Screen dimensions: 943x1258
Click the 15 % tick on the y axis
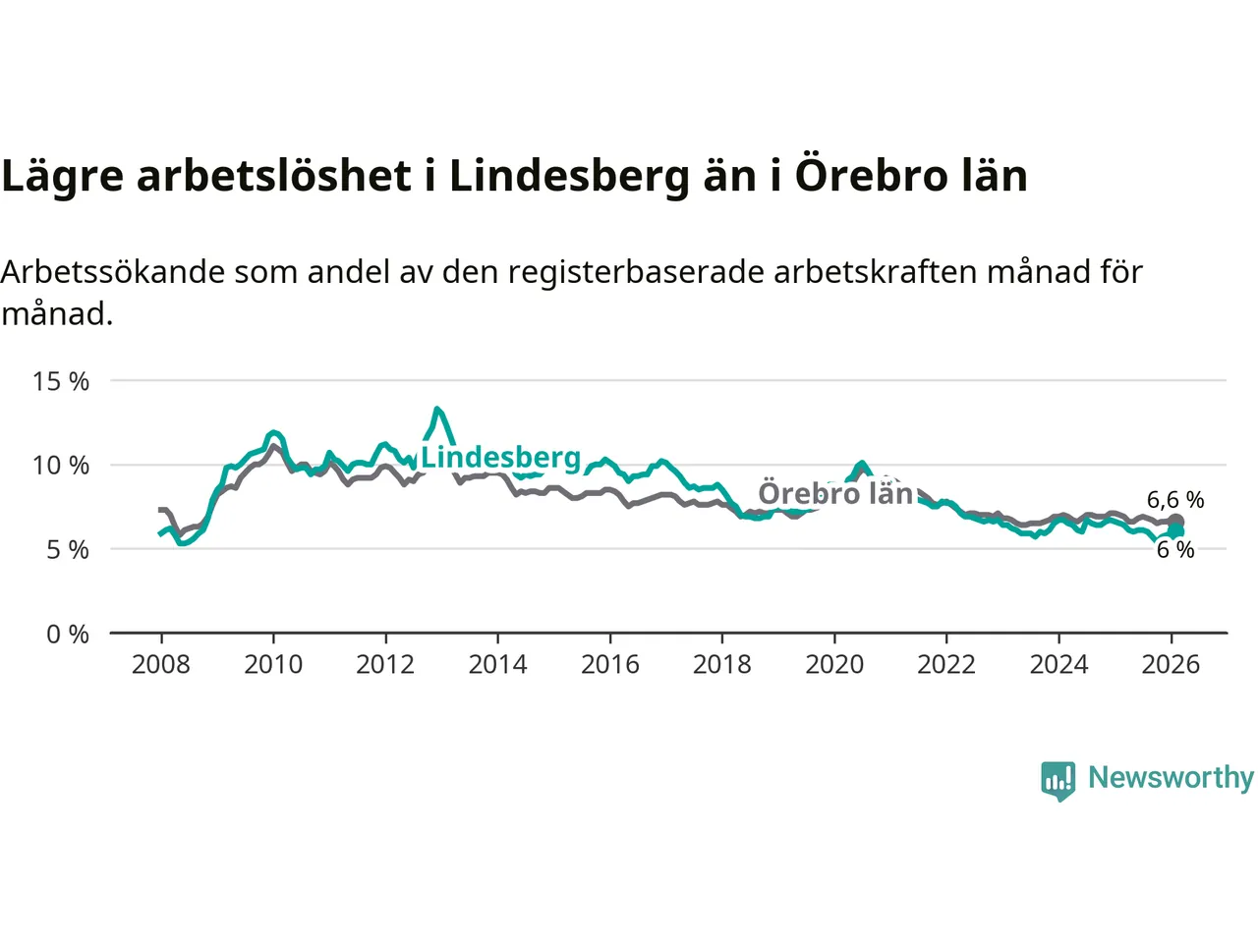pyautogui.click(x=61, y=381)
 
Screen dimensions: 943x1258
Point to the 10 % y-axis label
pyautogui.click(x=61, y=465)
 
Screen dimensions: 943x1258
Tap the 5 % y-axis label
pyautogui.click(x=67, y=549)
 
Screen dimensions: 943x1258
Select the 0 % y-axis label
pyautogui.click(x=67, y=634)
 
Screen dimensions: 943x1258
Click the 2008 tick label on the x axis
pyautogui.click(x=161, y=665)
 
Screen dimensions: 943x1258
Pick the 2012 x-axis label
pyautogui.click(x=385, y=665)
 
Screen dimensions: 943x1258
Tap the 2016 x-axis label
pyautogui.click(x=609, y=665)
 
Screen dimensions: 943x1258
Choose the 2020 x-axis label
pyautogui.click(x=834, y=665)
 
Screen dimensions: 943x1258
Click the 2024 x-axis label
pyautogui.click(x=1058, y=665)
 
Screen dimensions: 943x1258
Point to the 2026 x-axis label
pyautogui.click(x=1171, y=665)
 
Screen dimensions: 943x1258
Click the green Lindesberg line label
pyautogui.click(x=501, y=458)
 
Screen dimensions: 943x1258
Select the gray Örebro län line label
pyautogui.click(x=835, y=493)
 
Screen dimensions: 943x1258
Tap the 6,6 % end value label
pyautogui.click(x=1175, y=500)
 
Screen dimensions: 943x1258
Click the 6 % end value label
pyautogui.click(x=1175, y=550)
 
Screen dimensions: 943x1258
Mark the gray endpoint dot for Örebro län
pyautogui.click(x=1175, y=522)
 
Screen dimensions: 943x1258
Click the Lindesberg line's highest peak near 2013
pyautogui.click(x=436, y=409)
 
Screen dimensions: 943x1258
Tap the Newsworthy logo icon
pyautogui.click(x=1058, y=780)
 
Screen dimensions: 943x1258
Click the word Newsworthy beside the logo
pyautogui.click(x=1171, y=777)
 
